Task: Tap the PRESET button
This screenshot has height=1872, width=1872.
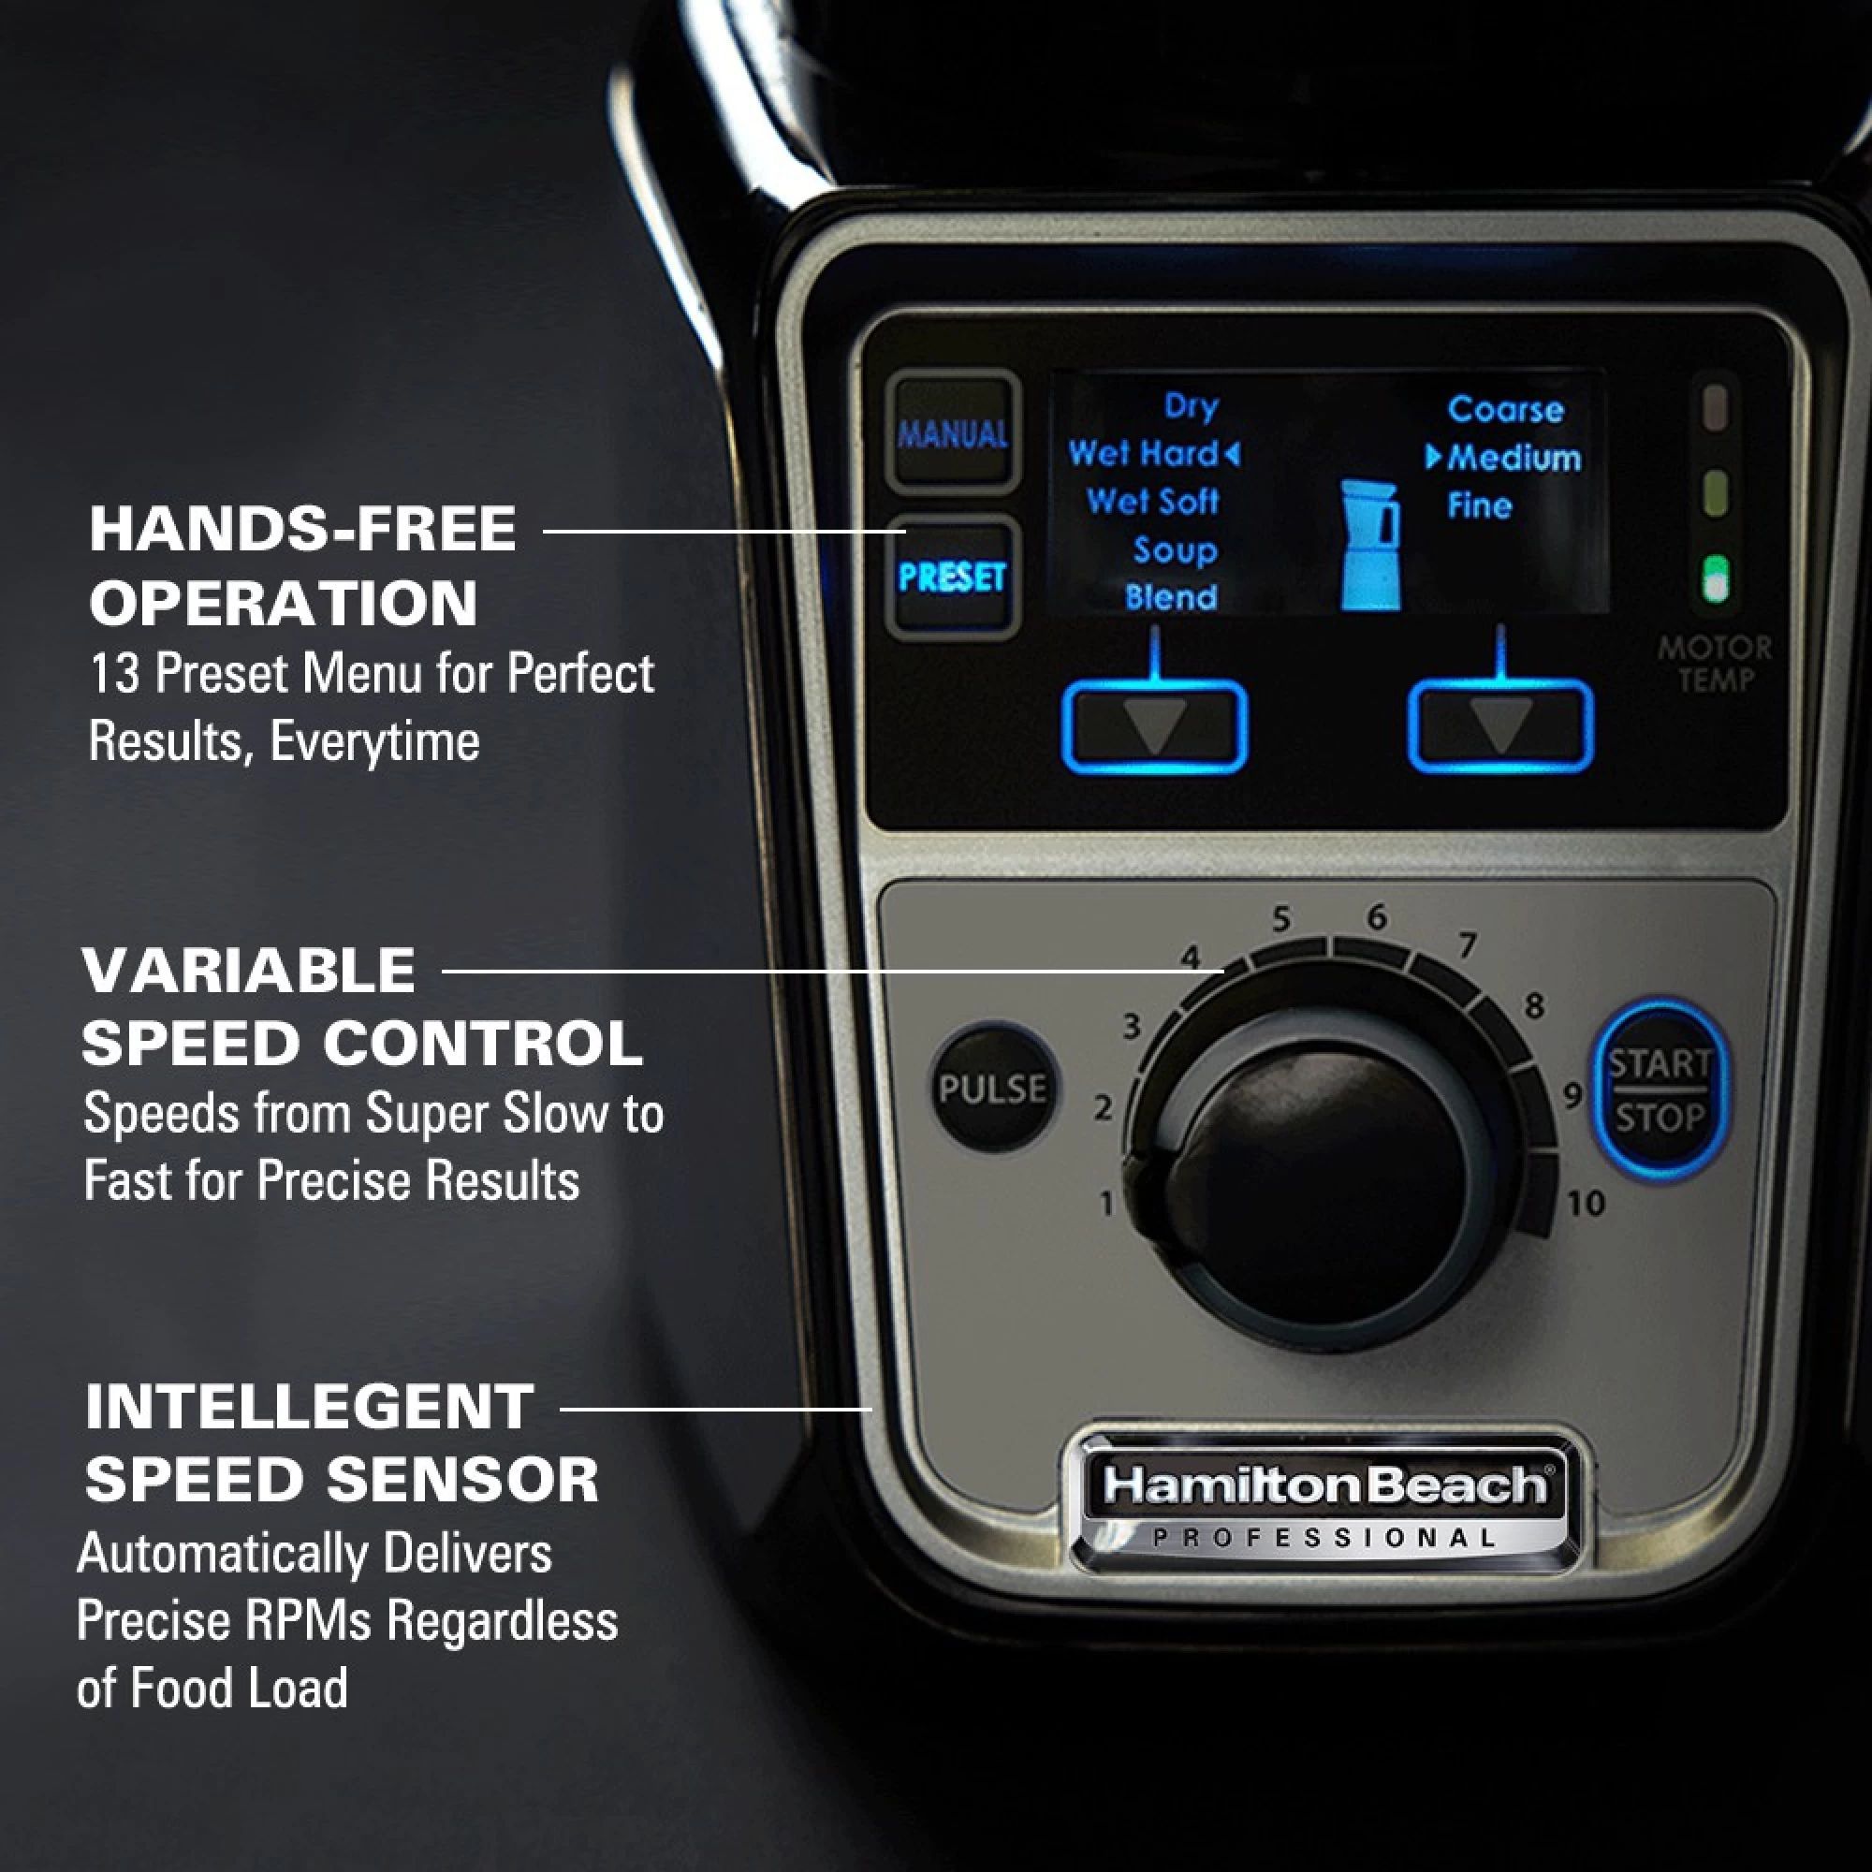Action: [x=952, y=578]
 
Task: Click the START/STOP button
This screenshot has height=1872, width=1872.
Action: [x=1660, y=1090]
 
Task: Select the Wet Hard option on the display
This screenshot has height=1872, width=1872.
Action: [x=1144, y=453]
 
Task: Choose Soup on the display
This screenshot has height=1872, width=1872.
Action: [x=1175, y=550]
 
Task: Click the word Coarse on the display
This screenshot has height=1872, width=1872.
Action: [x=1505, y=410]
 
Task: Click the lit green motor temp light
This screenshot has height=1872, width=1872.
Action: [x=1715, y=578]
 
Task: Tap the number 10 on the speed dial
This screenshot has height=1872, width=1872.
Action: [x=1587, y=1204]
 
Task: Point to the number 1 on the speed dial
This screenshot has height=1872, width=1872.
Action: [x=1106, y=1205]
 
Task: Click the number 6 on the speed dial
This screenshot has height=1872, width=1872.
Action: [x=1377, y=915]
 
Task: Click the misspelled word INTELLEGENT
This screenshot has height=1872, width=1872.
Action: [x=309, y=1407]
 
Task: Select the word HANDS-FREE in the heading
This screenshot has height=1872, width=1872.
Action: [x=302, y=530]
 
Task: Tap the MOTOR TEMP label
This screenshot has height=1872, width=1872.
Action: [x=1715, y=664]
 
